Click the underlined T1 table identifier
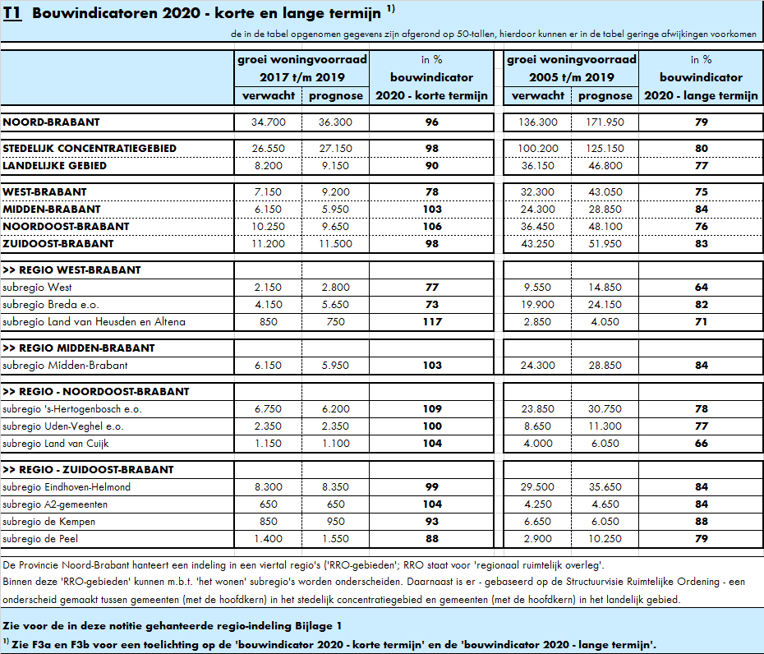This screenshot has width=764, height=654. tap(12, 13)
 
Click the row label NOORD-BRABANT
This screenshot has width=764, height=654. tap(51, 122)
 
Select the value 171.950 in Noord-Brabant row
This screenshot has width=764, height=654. tap(605, 122)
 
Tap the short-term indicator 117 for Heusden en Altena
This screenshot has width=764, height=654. tap(432, 322)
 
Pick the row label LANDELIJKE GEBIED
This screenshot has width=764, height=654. tap(54, 166)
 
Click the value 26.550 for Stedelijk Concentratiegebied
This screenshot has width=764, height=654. tap(269, 149)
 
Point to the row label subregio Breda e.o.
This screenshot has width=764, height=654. tap(51, 305)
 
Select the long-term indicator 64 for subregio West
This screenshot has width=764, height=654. tap(701, 288)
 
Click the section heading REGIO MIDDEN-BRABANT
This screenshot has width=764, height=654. tap(78, 348)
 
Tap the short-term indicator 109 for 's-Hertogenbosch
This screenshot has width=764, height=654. tap(432, 409)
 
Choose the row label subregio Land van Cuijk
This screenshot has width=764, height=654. tap(56, 444)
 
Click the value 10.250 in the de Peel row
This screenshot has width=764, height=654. tap(605, 539)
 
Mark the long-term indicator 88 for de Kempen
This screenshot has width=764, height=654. tap(701, 522)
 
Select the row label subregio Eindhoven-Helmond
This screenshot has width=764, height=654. tap(67, 487)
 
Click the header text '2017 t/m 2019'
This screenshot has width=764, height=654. tap(302, 77)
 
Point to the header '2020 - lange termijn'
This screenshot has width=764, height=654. tap(701, 96)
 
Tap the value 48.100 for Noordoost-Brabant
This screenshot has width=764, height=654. tap(605, 227)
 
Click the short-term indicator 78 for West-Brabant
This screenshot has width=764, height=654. tap(432, 192)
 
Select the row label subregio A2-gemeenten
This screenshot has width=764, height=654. tap(55, 504)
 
